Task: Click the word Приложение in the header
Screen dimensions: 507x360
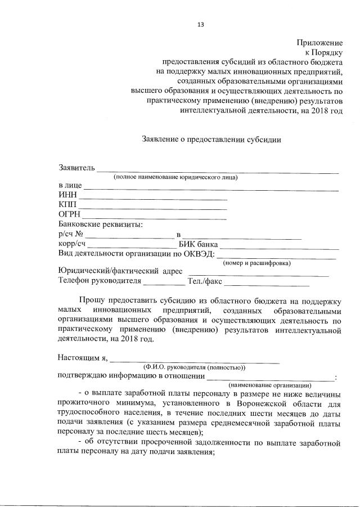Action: coord(319,43)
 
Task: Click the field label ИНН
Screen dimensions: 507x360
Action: coord(67,195)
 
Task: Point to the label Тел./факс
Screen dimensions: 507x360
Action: coord(205,281)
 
